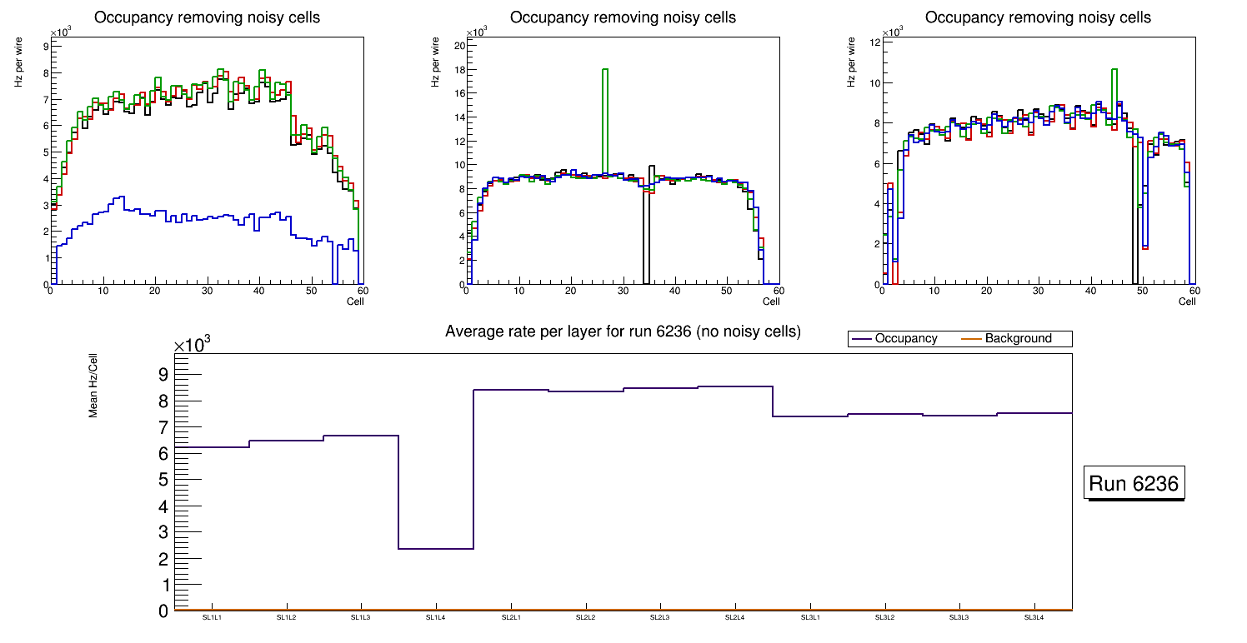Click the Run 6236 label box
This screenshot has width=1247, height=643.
point(1135,483)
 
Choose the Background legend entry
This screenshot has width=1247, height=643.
point(1018,339)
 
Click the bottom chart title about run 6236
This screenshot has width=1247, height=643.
point(623,331)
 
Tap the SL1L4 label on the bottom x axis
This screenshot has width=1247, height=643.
point(436,617)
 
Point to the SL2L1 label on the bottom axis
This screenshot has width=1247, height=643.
point(511,617)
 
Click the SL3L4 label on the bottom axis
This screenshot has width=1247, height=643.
point(1034,617)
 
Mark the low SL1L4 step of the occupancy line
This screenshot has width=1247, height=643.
point(436,548)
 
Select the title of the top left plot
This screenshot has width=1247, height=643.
point(207,17)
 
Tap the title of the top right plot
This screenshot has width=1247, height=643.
point(1038,17)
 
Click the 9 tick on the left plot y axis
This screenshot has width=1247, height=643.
point(45,47)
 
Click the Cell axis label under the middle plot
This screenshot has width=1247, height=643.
point(770,301)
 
